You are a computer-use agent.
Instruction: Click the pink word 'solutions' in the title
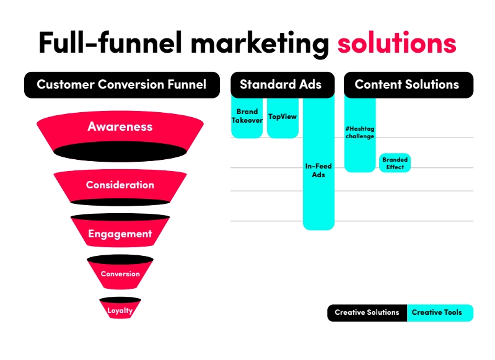(397, 43)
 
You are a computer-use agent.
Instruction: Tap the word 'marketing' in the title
(260, 44)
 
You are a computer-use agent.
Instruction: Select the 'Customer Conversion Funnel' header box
(122, 85)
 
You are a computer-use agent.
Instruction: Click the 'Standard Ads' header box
(283, 85)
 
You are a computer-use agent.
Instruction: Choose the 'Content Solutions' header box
(408, 85)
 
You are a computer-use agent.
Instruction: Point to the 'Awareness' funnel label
(120, 126)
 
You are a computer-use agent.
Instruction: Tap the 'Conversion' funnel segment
(120, 272)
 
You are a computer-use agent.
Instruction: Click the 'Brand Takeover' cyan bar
(247, 118)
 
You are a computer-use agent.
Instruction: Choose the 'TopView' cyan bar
(283, 118)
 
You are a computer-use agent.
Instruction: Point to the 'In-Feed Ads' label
(318, 170)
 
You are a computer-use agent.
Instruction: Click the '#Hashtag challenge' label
(360, 133)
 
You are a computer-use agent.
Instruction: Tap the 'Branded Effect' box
(395, 163)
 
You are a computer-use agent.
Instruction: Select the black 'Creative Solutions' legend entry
(367, 313)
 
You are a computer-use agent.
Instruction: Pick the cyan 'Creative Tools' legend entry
(440, 313)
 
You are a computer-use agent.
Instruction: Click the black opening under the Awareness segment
(120, 151)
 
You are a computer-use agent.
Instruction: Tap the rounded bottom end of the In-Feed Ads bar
(318, 227)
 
